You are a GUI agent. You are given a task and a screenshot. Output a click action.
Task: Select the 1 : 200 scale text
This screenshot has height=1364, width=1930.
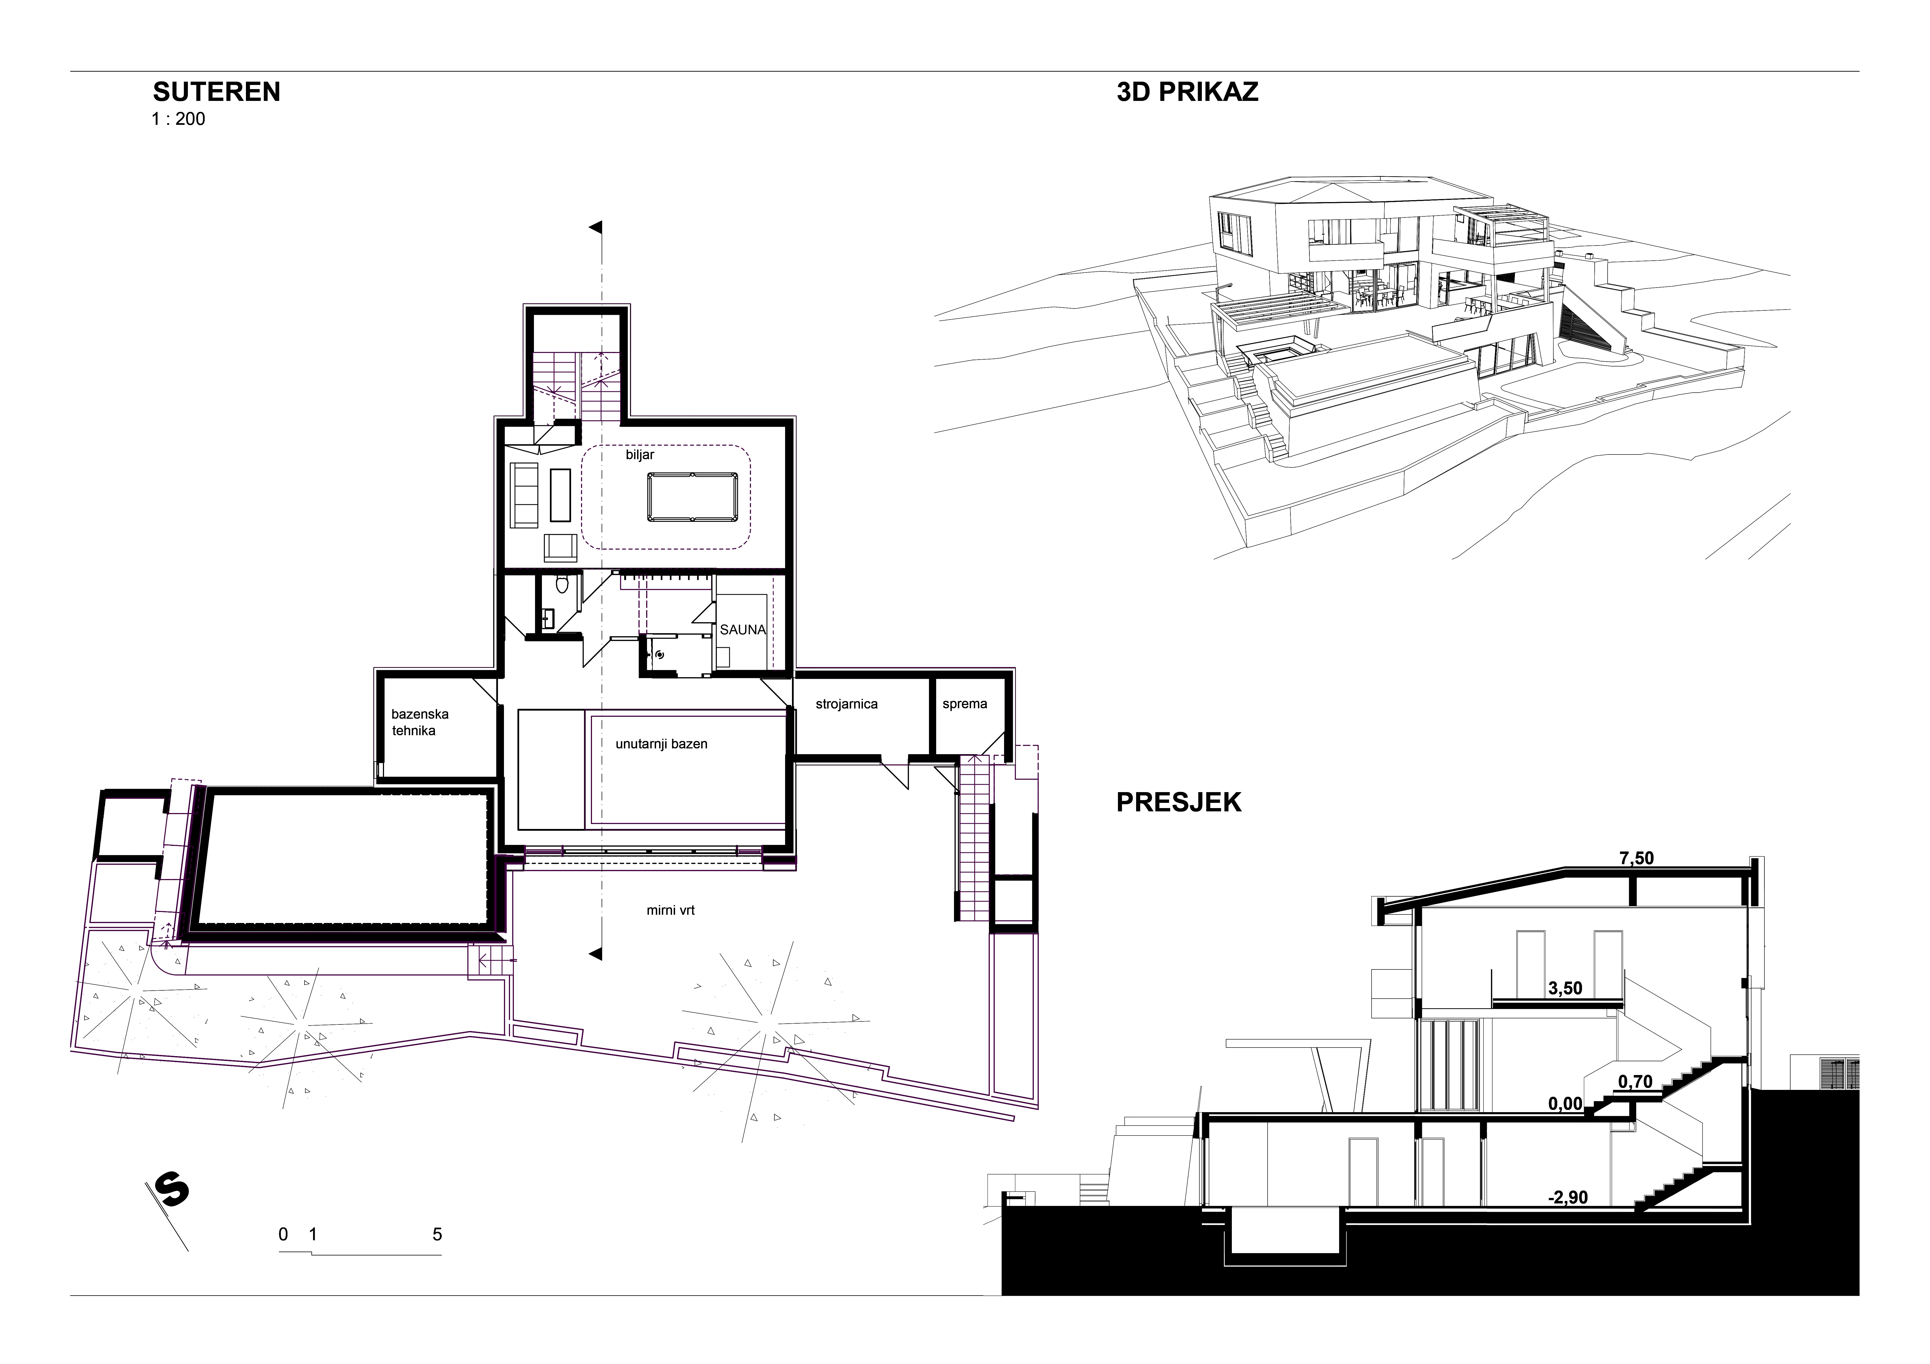[178, 119]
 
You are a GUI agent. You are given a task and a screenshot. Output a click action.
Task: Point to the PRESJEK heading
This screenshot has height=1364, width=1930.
[1178, 803]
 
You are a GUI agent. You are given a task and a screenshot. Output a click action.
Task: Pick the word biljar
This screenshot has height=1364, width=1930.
[640, 455]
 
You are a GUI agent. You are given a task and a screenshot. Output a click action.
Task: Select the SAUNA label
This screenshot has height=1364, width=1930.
[743, 629]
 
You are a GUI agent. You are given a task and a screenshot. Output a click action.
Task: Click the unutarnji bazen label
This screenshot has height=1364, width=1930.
[662, 744]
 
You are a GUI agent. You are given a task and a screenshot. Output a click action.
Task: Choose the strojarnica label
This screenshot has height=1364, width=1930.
[846, 704]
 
